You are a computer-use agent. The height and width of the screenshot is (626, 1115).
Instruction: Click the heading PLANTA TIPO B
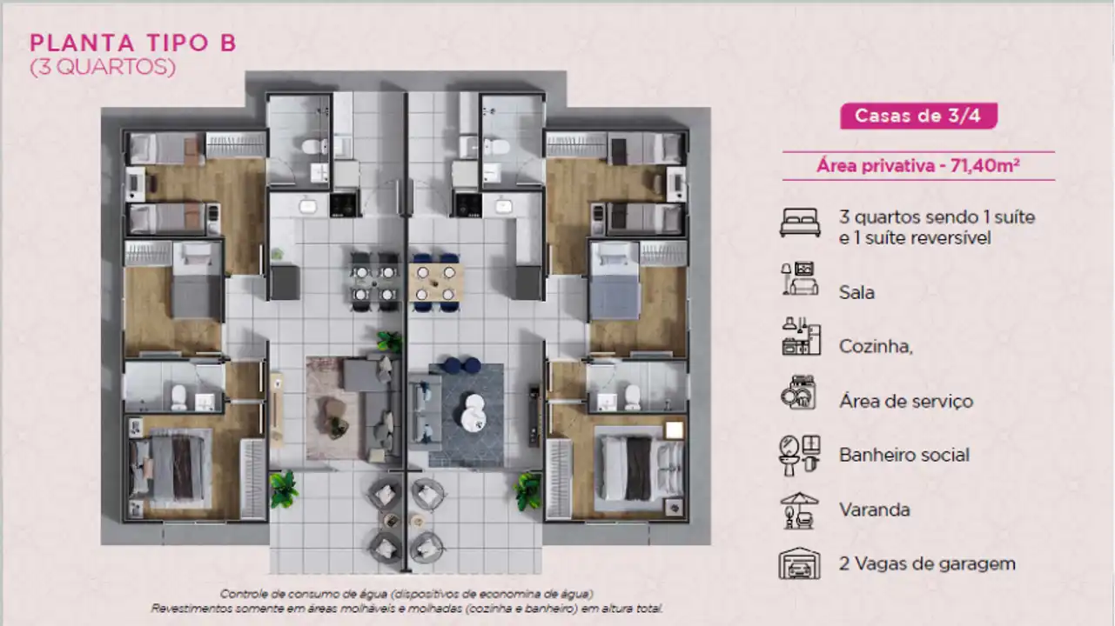pyautogui.click(x=133, y=43)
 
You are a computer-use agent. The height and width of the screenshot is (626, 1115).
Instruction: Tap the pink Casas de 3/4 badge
pyautogui.click(x=918, y=116)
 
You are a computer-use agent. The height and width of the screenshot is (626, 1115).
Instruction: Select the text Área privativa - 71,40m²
pyautogui.click(x=918, y=165)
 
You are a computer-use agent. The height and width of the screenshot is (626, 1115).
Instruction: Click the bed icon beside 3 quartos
pyautogui.click(x=800, y=223)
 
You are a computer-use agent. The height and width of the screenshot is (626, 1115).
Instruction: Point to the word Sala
pyautogui.click(x=856, y=292)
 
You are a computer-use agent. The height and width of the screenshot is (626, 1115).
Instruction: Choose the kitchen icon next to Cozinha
pyautogui.click(x=801, y=336)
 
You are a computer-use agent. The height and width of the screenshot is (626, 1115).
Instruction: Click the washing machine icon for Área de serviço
pyautogui.click(x=798, y=392)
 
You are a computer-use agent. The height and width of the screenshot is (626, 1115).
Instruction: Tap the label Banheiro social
pyautogui.click(x=904, y=455)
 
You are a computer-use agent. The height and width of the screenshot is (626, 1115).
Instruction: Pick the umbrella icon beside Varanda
pyautogui.click(x=799, y=510)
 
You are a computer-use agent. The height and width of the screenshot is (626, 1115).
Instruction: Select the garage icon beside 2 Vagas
pyautogui.click(x=799, y=563)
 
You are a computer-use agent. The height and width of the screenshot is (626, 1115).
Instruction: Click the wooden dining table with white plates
pyautogui.click(x=435, y=283)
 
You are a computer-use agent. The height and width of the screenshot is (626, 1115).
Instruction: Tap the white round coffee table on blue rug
pyautogui.click(x=472, y=412)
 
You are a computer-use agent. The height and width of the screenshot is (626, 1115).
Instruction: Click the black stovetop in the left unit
pyautogui.click(x=344, y=204)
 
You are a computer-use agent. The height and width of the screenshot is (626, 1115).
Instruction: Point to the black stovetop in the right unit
pyautogui.click(x=468, y=205)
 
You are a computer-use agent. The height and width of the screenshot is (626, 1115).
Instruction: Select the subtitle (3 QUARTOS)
pyautogui.click(x=103, y=67)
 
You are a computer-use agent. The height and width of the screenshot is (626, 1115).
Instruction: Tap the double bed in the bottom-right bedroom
pyautogui.click(x=639, y=469)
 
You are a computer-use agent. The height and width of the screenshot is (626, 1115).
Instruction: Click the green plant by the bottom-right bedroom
pyautogui.click(x=528, y=490)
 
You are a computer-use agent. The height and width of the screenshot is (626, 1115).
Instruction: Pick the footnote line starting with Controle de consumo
pyautogui.click(x=406, y=594)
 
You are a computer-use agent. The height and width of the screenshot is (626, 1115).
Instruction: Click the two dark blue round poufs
pyautogui.click(x=462, y=365)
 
